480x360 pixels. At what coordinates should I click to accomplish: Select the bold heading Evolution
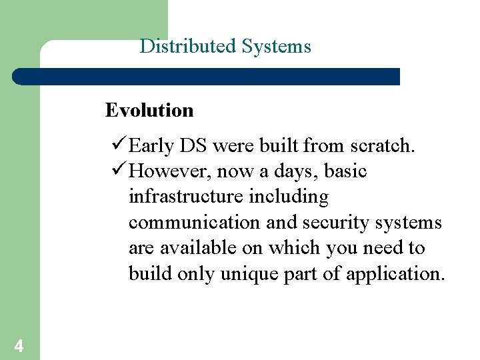[x=149, y=110]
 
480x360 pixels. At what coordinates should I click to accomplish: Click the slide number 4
[x=19, y=345]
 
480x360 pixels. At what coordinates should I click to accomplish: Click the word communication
[x=194, y=223]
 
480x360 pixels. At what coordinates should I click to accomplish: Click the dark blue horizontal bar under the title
[x=207, y=77]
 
